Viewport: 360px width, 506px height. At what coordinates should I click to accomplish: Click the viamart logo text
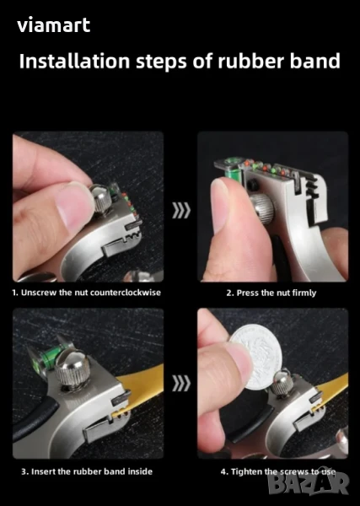pos(54,25)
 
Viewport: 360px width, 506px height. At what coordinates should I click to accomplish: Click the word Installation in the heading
pos(74,61)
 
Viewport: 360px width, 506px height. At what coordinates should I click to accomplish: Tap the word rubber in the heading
pos(250,61)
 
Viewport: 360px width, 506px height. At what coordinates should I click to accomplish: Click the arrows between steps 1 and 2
pos(181,210)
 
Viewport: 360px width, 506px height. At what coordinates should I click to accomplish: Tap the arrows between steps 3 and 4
pos(181,383)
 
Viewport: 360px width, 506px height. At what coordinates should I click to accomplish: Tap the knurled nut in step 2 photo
pos(262,208)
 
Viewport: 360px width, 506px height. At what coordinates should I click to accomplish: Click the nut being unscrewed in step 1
pos(100,198)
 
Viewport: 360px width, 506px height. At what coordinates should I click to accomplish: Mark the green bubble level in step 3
pos(49,358)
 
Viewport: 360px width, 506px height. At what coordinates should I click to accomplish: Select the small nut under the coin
pos(282,381)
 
